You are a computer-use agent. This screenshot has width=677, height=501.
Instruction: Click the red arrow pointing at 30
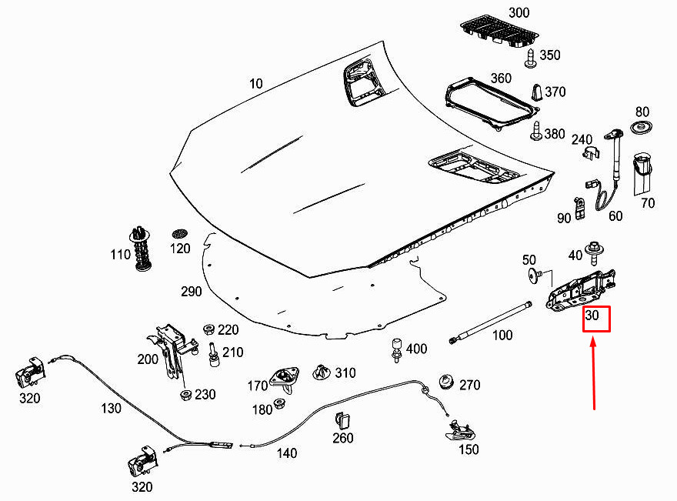pos(594,377)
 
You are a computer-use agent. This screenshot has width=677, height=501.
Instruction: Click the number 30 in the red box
pos(593,317)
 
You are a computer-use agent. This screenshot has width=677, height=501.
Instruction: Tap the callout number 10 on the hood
pos(255,83)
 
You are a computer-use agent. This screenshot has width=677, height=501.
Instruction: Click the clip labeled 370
pos(535,92)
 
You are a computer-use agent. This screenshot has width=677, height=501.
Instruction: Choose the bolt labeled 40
pos(594,249)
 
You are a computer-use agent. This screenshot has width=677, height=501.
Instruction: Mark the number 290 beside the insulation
pos(191,292)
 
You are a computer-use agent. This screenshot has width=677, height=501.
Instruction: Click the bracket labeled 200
pos(171,350)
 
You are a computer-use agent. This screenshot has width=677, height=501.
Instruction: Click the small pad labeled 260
pos(343,421)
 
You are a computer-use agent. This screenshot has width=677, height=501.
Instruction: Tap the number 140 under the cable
pos(286,453)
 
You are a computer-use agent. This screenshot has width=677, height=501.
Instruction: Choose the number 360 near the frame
pos(501,78)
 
